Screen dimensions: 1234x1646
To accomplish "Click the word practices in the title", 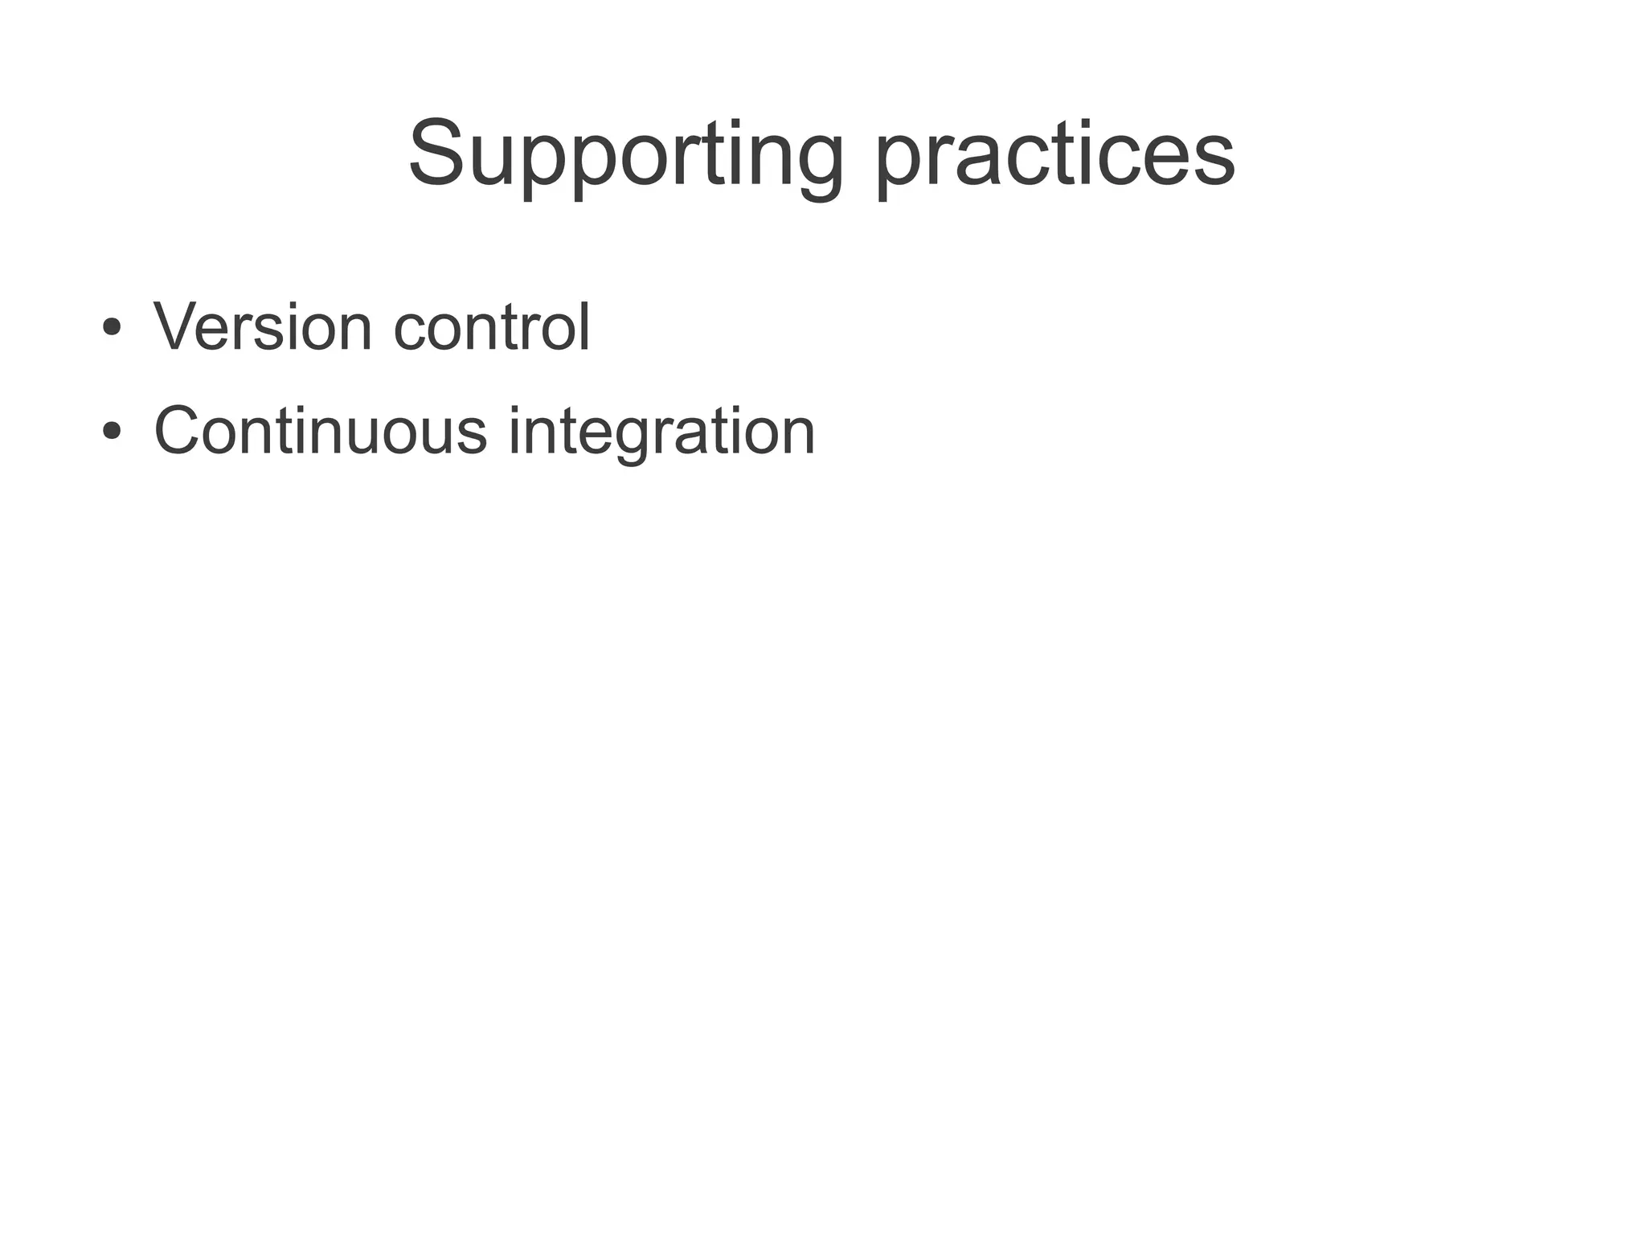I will (x=1054, y=154).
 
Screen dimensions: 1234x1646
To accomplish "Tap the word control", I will (x=492, y=327).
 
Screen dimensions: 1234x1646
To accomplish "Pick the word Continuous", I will (x=320, y=431).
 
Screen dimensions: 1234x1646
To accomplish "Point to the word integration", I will (x=661, y=431).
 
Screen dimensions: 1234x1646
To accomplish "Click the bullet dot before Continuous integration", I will (x=112, y=432).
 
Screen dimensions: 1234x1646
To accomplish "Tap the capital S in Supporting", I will (x=438, y=153).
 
